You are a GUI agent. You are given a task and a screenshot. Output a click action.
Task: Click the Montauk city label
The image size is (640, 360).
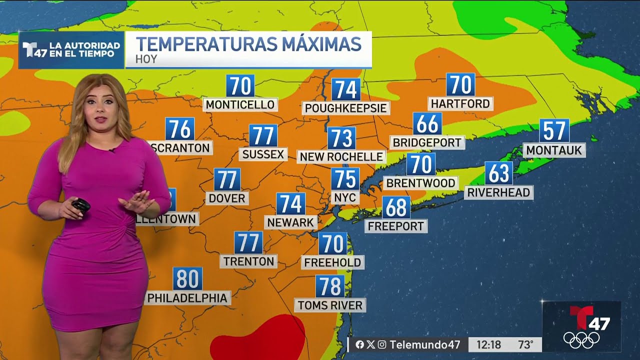tap(554, 150)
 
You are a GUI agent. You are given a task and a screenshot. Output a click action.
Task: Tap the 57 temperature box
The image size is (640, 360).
tap(554, 131)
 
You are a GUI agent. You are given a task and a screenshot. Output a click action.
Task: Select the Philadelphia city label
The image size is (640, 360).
tap(187, 298)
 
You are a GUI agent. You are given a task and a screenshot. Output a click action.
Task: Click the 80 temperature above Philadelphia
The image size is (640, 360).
tap(187, 279)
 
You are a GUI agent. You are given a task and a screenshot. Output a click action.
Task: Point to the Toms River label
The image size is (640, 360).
tap(330, 305)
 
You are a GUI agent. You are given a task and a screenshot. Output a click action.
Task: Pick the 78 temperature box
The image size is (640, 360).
tap(330, 286)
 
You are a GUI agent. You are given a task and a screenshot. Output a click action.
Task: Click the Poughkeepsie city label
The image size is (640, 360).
tap(345, 108)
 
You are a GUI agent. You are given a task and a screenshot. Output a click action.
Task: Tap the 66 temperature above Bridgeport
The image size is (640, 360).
tap(427, 124)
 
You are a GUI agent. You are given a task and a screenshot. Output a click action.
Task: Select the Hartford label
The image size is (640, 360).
tap(460, 103)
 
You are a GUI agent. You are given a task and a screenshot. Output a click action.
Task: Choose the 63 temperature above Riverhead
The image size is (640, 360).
tap(498, 173)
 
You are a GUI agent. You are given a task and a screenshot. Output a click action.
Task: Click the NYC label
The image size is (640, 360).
tap(344, 197)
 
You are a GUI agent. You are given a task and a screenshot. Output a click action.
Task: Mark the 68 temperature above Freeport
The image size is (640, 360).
tap(396, 207)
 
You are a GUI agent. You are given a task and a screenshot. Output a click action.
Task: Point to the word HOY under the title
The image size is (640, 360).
tap(146, 59)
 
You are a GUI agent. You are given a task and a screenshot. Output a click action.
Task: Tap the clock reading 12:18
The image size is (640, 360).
tap(488, 344)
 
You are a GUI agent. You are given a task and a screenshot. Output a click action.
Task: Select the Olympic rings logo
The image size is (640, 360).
tap(581, 340)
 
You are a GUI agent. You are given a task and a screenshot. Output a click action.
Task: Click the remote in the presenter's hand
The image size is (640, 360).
tap(80, 205)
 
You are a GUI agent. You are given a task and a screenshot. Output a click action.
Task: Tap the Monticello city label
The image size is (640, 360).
tap(240, 104)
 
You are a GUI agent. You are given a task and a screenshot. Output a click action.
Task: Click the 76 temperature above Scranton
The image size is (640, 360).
tap(179, 129)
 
